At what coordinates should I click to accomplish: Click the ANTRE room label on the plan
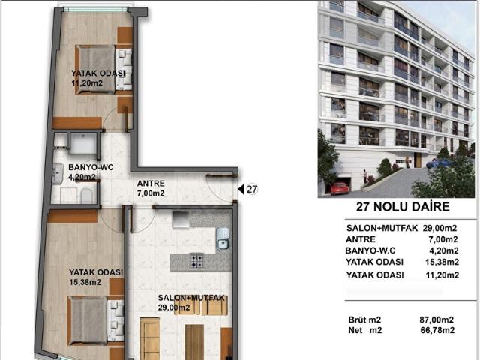coord(151,184)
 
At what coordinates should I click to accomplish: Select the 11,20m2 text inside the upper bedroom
coord(87,83)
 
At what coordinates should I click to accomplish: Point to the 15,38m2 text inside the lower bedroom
coord(85,282)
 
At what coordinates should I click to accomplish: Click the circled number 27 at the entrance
coord(252,190)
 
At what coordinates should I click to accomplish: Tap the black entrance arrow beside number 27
coord(241,190)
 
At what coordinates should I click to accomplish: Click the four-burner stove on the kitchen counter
coord(196,260)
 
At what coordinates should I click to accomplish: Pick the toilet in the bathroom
coord(87,196)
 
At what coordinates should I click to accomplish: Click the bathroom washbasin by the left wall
coord(57,173)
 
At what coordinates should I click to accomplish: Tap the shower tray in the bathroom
coord(83,143)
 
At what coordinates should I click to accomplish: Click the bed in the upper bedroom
coord(103,69)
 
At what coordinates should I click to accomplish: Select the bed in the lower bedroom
coord(95,320)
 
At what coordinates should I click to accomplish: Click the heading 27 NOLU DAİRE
coord(403,207)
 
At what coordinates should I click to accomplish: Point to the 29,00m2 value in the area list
coord(440,228)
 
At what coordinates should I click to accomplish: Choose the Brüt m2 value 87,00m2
coord(436,320)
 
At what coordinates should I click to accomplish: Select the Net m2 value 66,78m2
coord(438,330)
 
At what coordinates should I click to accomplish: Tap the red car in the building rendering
coord(340,188)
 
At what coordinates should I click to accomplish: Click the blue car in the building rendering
coord(438,163)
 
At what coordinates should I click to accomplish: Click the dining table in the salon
coord(194,342)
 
